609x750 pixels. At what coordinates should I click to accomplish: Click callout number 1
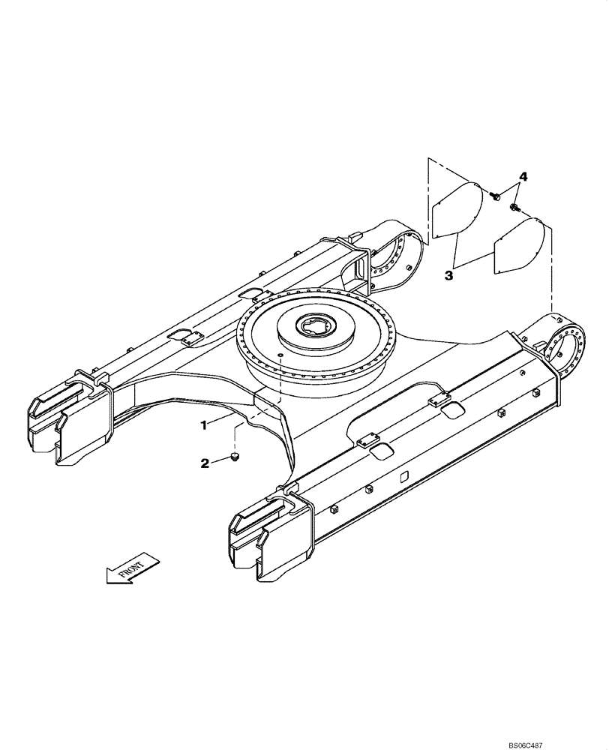[x=202, y=424]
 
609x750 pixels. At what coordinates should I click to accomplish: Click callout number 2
[x=205, y=463]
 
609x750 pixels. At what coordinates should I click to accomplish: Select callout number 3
[x=448, y=276]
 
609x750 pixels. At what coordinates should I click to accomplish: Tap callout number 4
[x=523, y=177]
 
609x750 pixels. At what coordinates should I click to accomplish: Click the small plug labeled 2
[x=235, y=456]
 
